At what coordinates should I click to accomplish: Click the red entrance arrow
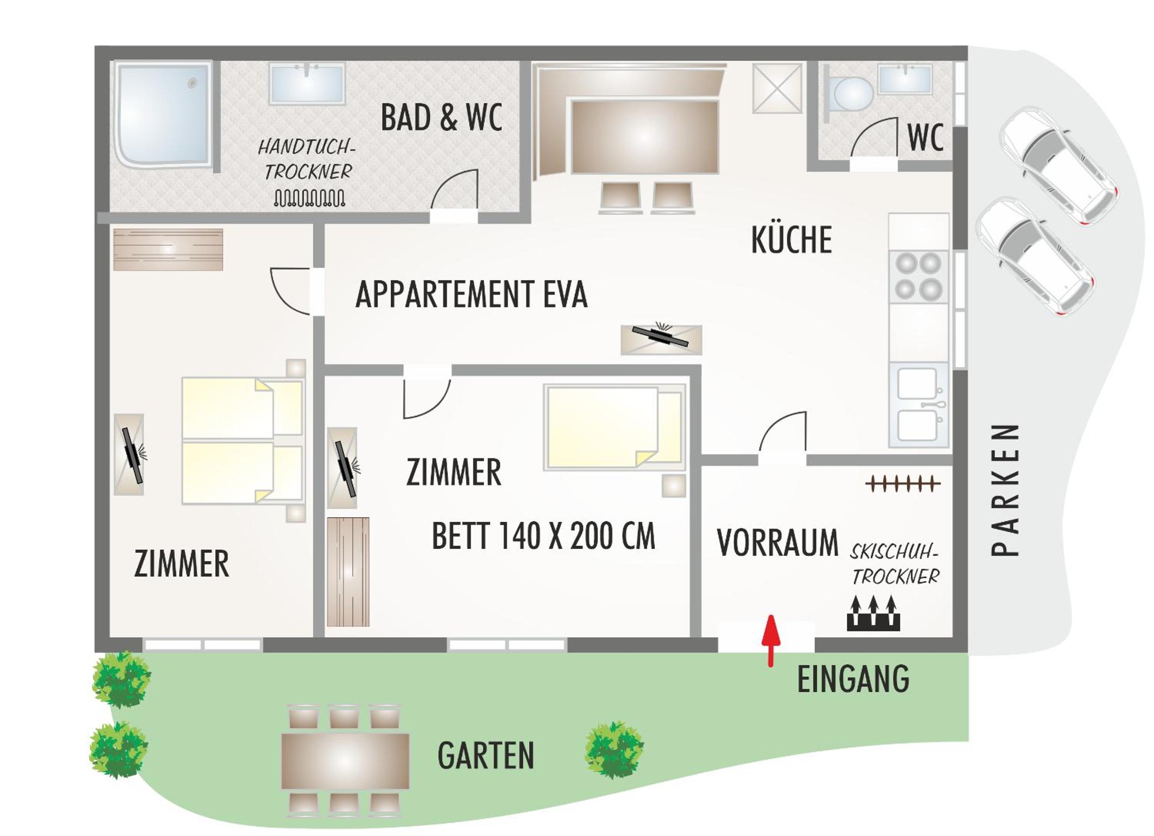[x=771, y=640]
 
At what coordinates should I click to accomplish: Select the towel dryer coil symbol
[x=309, y=198]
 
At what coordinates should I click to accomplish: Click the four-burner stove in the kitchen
[x=918, y=276]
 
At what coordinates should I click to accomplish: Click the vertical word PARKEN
[x=1005, y=490]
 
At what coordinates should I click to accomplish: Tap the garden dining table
[x=345, y=761]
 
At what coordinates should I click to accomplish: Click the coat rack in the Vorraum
[x=904, y=484]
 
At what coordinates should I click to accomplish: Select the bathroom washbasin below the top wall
[x=307, y=84]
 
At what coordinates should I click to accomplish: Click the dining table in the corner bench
[x=644, y=137]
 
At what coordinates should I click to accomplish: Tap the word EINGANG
[x=853, y=679]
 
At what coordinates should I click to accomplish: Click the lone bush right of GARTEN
[x=614, y=750]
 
